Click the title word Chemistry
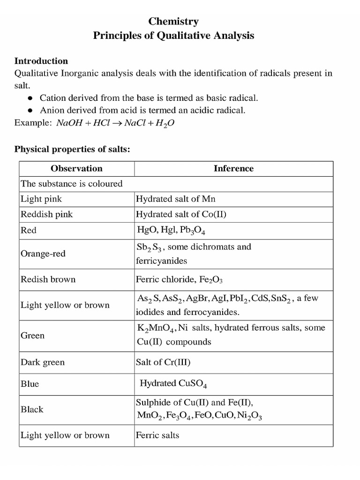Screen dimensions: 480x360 coord(173,22)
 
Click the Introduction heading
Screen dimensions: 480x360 coord(41,61)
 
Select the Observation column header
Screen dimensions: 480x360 coord(76,168)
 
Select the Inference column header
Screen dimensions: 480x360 coord(233,168)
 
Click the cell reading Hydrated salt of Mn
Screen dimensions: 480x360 coord(176,199)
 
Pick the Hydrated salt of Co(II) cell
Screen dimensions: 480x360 coord(178,214)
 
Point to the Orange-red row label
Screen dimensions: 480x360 coord(43,254)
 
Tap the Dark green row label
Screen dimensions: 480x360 coord(43,362)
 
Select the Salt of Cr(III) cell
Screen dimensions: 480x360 coord(163,362)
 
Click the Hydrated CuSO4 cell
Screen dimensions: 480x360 coord(173,384)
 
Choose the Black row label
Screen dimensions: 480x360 coord(32,409)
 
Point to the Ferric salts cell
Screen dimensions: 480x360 coord(157,435)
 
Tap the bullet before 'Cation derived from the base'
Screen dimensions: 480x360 coord(30,98)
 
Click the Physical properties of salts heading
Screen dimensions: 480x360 coord(72,149)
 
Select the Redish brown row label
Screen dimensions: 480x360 coord(48,279)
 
